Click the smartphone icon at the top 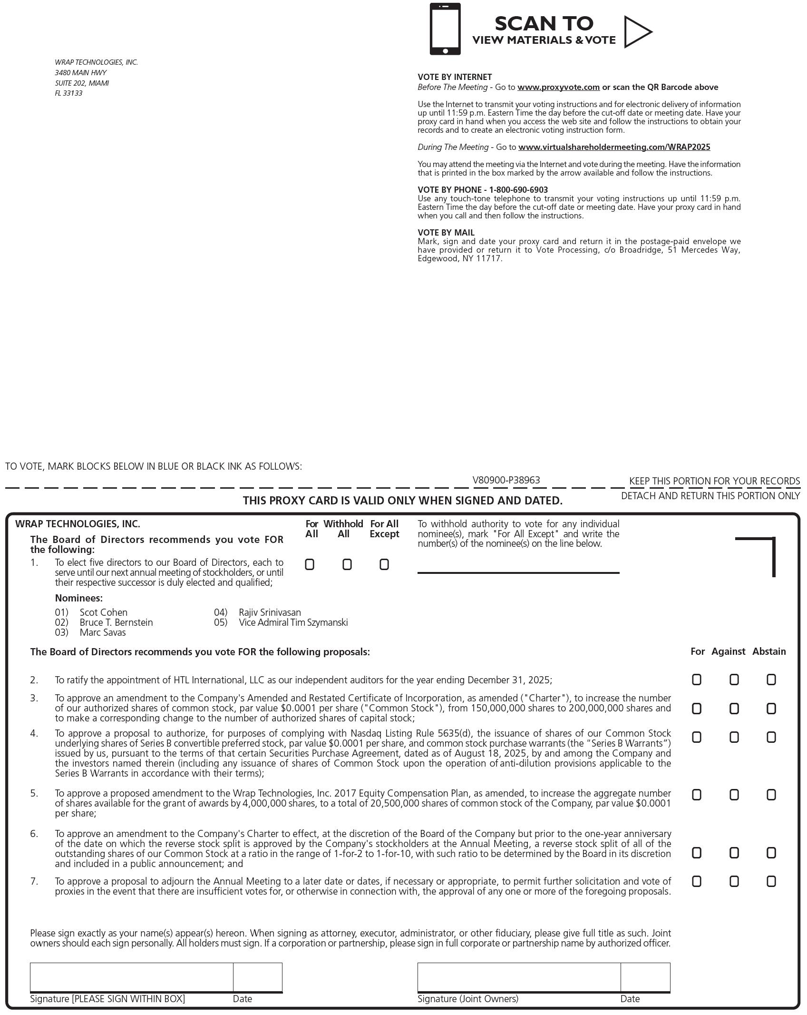pos(445,29)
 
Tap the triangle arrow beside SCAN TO pos(637,32)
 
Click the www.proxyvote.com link pos(558,87)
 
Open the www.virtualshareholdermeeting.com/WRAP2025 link pos(614,147)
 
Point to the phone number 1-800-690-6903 pos(518,189)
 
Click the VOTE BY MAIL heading pos(446,232)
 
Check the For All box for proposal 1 pos(310,564)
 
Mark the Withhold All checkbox pos(347,564)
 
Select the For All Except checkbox pos(384,564)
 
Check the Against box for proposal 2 pos(734,680)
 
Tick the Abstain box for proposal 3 pos(771,709)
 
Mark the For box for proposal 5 pos(697,795)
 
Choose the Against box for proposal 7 pos(734,881)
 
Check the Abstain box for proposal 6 pos(771,853)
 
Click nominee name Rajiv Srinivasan pos(270,612)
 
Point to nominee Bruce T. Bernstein pos(116,622)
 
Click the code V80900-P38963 pos(506,480)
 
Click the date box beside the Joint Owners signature pos(645,977)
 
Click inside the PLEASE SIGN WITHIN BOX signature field pos(131,977)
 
